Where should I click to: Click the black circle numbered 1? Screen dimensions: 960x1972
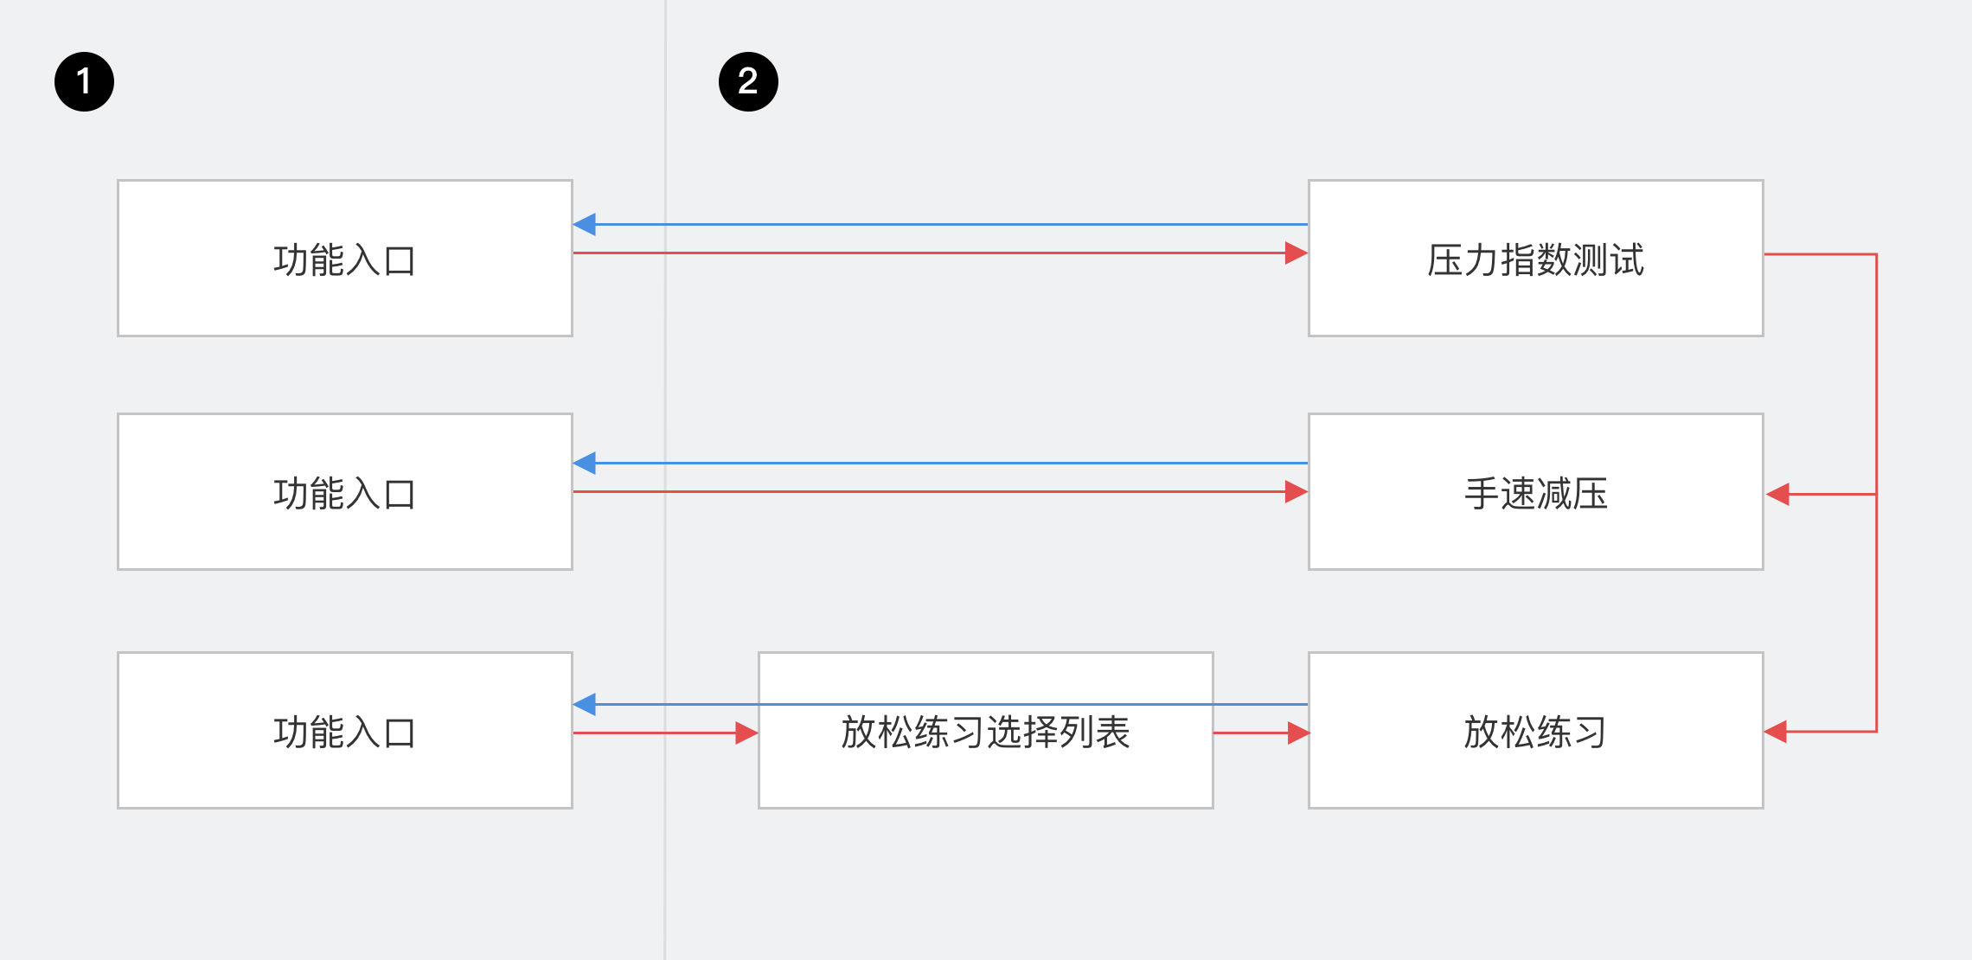pos(84,82)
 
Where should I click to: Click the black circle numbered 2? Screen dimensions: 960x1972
pos(748,82)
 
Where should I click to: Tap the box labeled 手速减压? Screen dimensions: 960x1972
pos(1535,536)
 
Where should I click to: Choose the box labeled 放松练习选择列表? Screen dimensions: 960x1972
pos(985,774)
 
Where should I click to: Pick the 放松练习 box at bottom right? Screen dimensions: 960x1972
pos(1535,774)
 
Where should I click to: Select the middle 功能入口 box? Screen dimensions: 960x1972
pos(344,536)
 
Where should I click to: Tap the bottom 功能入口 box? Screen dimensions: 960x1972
pos(344,774)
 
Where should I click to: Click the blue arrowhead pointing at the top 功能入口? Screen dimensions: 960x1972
pos(585,225)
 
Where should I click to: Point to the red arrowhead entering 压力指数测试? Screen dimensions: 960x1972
pos(1296,253)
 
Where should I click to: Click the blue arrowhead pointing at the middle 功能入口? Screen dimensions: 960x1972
pos(585,464)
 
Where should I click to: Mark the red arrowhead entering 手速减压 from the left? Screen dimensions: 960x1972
pos(1296,492)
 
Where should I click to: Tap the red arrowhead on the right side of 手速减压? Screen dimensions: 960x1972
pos(1777,495)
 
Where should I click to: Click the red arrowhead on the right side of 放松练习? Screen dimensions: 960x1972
pos(1776,732)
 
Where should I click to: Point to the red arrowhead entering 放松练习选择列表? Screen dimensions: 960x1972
pos(746,733)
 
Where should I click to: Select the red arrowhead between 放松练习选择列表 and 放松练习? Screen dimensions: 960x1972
pos(1297,733)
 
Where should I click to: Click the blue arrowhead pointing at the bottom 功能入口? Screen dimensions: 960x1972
pos(585,705)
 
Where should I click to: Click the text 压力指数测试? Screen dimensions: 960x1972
pos(1535,260)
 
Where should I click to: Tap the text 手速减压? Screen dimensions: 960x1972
pos(1535,494)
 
